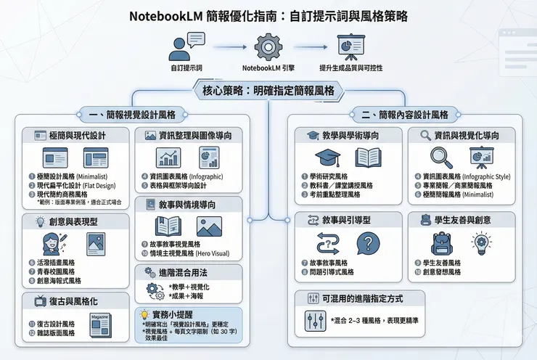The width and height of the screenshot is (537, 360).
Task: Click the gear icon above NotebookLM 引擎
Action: tap(268, 47)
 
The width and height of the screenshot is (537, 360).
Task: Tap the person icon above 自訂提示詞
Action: tap(181, 47)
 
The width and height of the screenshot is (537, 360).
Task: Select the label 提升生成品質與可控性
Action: tap(350, 67)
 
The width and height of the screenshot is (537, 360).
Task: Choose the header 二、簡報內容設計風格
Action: tap(403, 114)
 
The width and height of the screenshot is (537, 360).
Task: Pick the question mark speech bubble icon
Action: tap(368, 242)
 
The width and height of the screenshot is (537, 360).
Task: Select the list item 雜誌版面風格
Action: tap(54, 333)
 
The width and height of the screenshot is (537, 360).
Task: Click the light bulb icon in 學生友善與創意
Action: tap(482, 242)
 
